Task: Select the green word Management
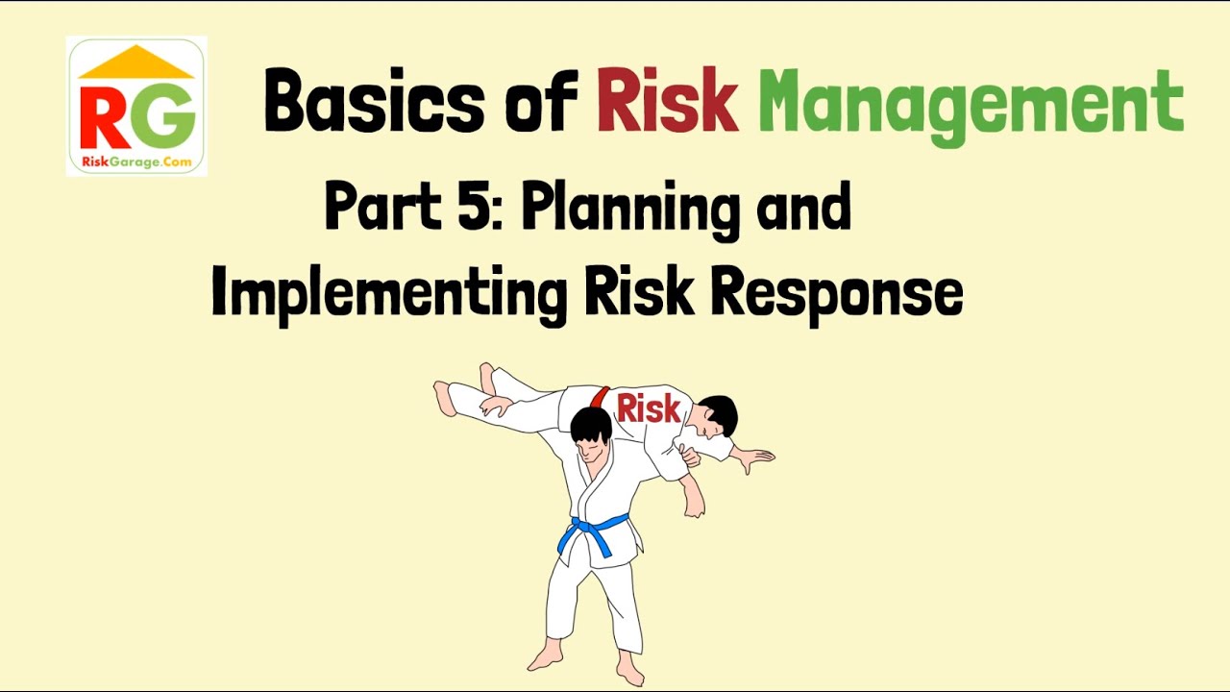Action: [971, 104]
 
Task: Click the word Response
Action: [836, 293]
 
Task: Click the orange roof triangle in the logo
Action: [135, 63]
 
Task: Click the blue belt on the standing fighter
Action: [592, 531]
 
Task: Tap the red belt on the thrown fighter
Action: [601, 396]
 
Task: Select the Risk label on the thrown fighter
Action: [649, 408]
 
